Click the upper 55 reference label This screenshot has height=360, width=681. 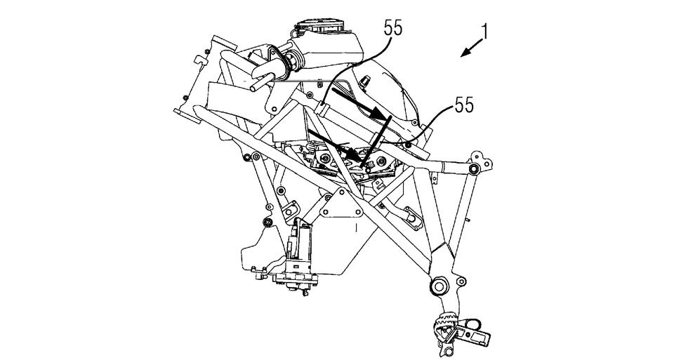click(x=393, y=28)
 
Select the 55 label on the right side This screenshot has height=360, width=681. click(x=464, y=105)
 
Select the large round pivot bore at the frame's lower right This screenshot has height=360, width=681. click(x=438, y=286)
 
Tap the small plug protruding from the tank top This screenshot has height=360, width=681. click(x=365, y=80)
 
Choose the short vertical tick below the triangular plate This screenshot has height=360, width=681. click(x=355, y=227)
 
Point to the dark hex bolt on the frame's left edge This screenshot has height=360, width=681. click(x=267, y=222)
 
